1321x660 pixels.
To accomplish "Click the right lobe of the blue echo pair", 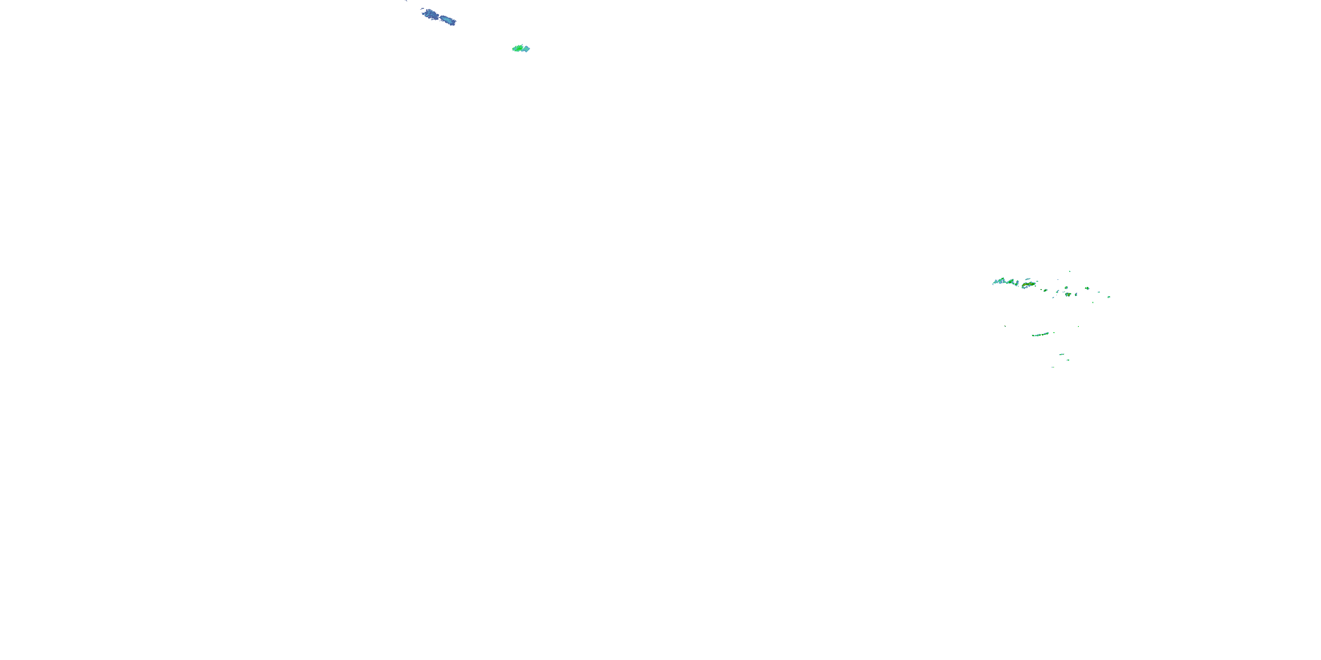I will tap(448, 21).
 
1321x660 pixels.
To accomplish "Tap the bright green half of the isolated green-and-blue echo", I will tap(518, 49).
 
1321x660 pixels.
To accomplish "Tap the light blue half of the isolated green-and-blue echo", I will tap(526, 49).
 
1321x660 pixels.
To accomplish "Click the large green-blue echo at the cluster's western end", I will tap(1001, 281).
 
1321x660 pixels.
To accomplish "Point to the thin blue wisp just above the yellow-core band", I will tap(1028, 279).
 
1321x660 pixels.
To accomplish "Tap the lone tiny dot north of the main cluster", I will tap(1070, 271).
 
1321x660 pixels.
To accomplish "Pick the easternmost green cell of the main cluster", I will tap(1109, 297).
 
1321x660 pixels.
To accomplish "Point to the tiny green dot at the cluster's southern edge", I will tap(1093, 302).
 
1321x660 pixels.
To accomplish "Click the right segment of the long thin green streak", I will tap(1046, 334).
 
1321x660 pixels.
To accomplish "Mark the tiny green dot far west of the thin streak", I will tap(1005, 326).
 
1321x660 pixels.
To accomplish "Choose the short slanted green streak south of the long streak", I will tap(1062, 355).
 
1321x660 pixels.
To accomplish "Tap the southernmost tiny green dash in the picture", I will tap(1053, 367).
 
